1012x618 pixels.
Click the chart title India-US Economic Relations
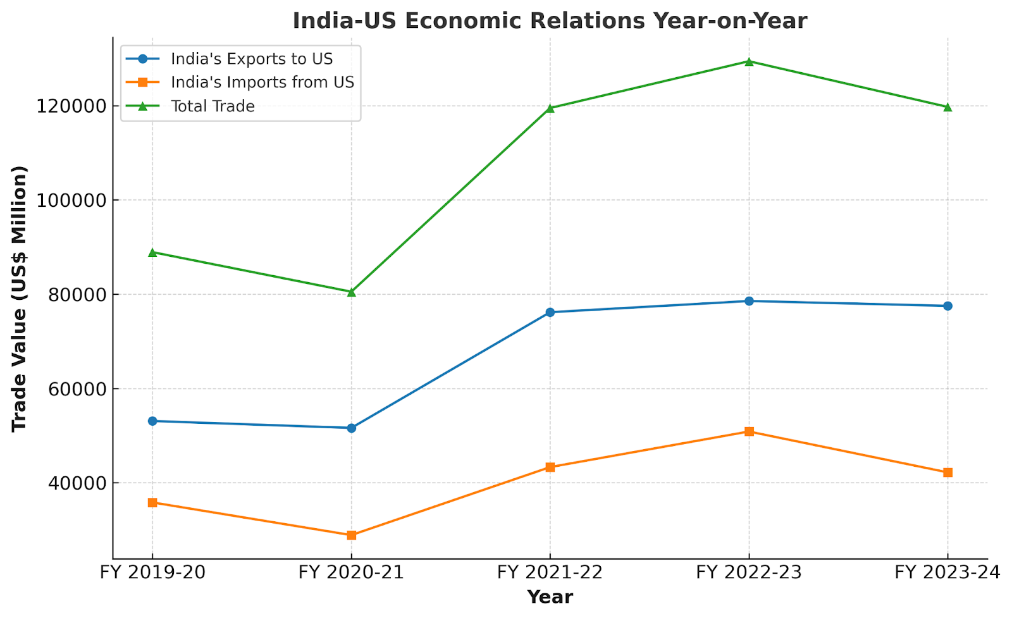549,21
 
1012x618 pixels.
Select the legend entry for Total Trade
213,106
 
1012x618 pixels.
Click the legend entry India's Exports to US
251,59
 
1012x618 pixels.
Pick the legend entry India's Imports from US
262,82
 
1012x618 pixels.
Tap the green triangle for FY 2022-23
749,61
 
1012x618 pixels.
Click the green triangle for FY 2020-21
351,292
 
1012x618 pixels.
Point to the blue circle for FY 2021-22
550,312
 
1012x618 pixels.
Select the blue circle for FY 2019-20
152,421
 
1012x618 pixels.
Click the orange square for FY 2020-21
351,535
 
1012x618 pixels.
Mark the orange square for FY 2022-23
749,431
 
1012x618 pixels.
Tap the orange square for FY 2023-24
947,473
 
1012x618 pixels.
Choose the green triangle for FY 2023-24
947,107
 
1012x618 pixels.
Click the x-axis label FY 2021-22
550,572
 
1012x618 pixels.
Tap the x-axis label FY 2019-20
152,572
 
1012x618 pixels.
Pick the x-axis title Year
550,597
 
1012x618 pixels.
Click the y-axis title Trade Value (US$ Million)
20,299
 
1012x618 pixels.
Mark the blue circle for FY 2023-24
947,306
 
